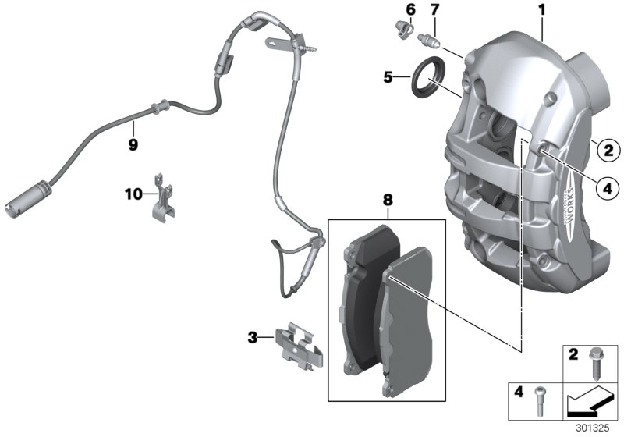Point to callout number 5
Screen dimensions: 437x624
click(x=388, y=77)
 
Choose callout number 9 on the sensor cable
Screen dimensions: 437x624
click(x=133, y=144)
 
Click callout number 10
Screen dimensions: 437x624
click(x=133, y=191)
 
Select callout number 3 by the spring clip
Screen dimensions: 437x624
click(x=253, y=338)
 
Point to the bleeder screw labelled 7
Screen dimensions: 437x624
click(x=429, y=38)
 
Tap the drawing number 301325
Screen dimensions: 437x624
click(x=597, y=428)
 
